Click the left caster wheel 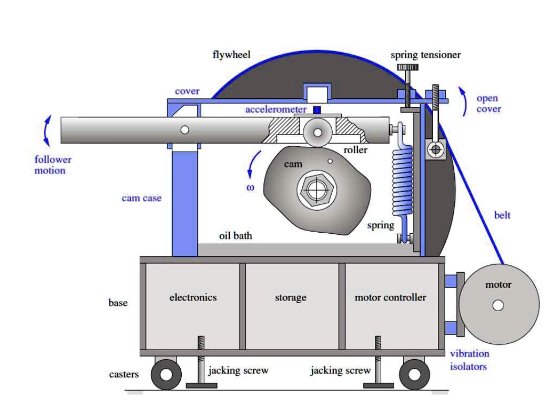166,374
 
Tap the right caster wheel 414,374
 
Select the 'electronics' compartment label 193,297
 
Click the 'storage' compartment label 291,297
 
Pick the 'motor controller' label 390,297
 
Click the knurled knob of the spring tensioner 408,68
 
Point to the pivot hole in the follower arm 184,130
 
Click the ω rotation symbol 250,187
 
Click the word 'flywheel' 231,55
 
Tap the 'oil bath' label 236,235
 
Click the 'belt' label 502,215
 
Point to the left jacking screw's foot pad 201,385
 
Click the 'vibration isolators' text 469,360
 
